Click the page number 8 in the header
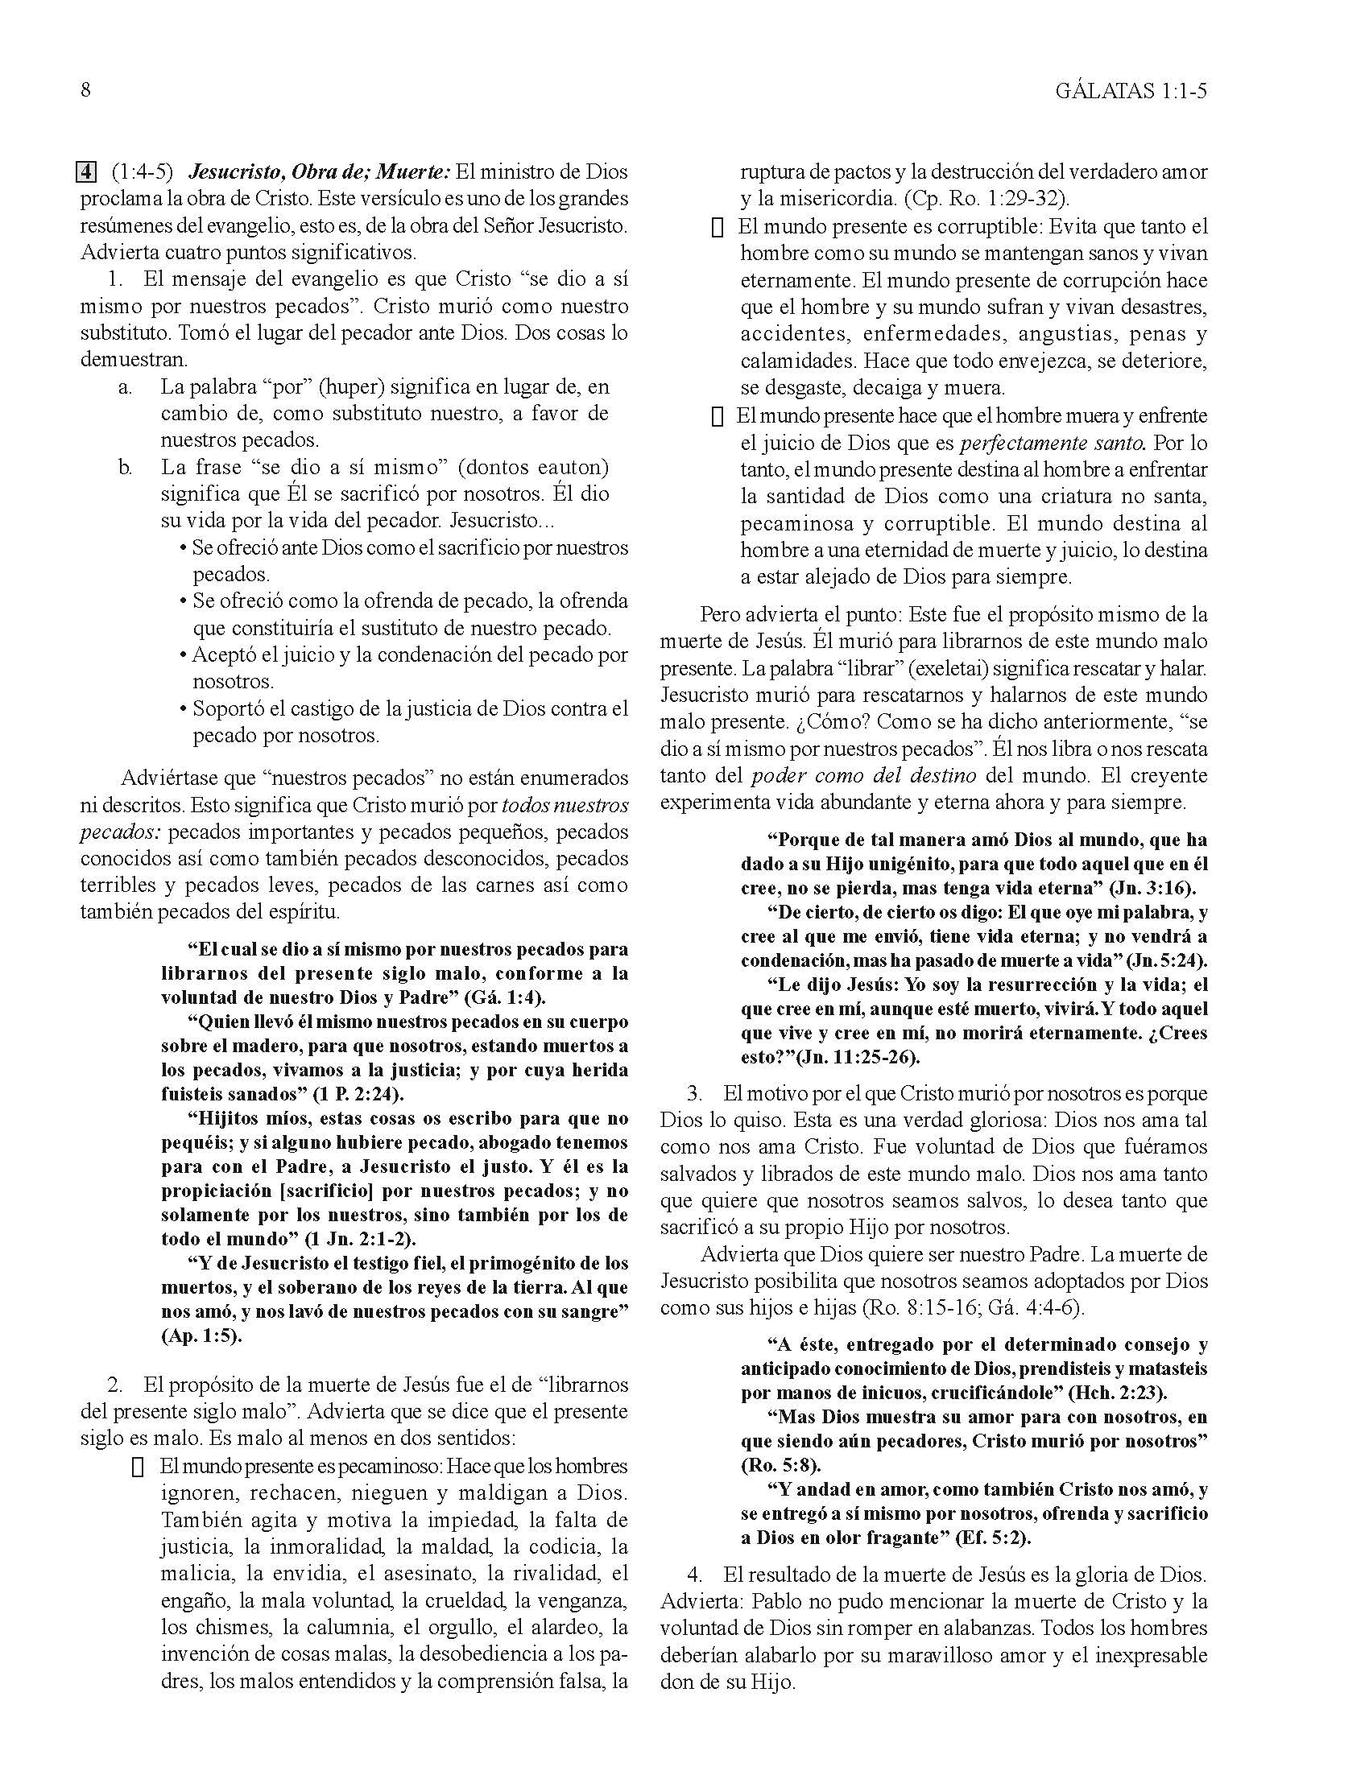pyautogui.click(x=86, y=90)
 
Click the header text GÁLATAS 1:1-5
pyautogui.click(x=1131, y=91)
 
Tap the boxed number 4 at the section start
pyautogui.click(x=86, y=173)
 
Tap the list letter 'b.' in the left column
pyautogui.click(x=125, y=468)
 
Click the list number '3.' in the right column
pyautogui.click(x=695, y=1093)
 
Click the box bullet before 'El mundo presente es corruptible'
pyautogui.click(x=717, y=228)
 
